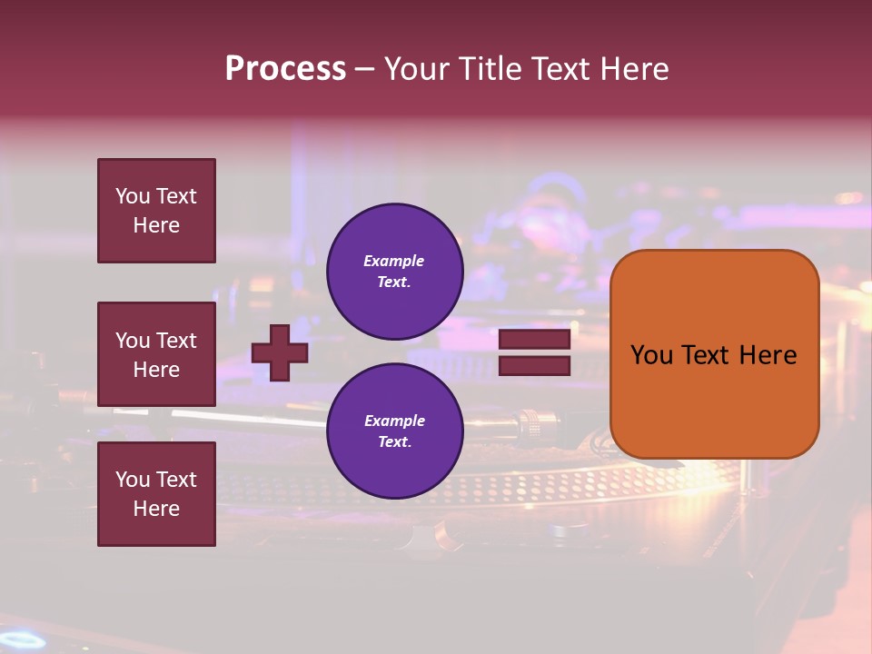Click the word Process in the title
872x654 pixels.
pos(285,69)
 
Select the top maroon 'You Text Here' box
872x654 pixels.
pos(156,211)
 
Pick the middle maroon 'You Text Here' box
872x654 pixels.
pos(156,354)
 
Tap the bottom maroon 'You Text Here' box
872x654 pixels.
pos(156,494)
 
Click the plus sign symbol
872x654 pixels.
pos(280,352)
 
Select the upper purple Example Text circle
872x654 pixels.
pos(394,272)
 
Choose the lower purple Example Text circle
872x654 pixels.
pos(394,431)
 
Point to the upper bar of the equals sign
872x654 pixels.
pos(534,340)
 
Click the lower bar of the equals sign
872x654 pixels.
pos(534,365)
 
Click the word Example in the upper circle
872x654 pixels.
pos(394,262)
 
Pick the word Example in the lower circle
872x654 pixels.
pos(394,421)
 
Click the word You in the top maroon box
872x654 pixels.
pos(132,196)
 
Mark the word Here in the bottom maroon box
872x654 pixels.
pos(156,509)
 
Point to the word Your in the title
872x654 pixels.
pos(417,69)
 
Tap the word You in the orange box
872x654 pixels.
pos(651,355)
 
